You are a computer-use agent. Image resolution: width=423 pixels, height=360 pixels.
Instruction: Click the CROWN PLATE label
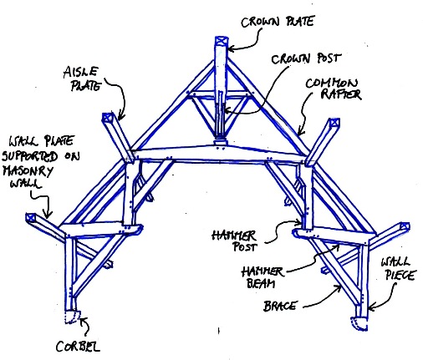[278, 22]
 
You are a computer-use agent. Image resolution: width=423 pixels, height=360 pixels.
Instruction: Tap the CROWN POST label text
[306, 58]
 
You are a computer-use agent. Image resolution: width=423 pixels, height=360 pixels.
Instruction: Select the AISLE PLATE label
[82, 79]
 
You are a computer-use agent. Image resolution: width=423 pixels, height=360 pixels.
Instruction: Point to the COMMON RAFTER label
[334, 89]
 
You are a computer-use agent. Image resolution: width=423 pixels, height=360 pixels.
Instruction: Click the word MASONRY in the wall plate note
[28, 170]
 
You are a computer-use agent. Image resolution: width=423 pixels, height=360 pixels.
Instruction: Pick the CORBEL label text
[78, 347]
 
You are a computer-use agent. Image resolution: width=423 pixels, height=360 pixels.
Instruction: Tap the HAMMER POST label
[234, 241]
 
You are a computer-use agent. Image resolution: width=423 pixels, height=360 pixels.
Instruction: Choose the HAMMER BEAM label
[262, 277]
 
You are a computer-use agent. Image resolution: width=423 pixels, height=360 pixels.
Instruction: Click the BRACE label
[279, 307]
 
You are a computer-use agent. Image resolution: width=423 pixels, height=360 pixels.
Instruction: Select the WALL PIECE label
[398, 269]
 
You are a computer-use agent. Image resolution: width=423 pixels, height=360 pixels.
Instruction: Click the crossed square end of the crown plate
[222, 42]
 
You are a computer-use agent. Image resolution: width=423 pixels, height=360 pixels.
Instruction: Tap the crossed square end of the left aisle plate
[107, 117]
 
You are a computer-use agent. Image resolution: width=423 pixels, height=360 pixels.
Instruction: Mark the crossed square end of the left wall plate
[31, 217]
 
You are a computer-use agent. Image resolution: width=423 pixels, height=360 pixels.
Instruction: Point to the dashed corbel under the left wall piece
[73, 317]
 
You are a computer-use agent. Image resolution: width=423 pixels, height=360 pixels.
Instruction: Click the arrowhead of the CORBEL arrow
[83, 320]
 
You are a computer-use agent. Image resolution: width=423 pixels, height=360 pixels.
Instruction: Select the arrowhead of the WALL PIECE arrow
[370, 308]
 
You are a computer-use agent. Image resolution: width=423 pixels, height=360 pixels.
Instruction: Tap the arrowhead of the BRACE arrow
[339, 287]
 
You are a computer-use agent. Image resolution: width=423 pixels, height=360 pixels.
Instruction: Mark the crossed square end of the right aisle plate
[334, 124]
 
